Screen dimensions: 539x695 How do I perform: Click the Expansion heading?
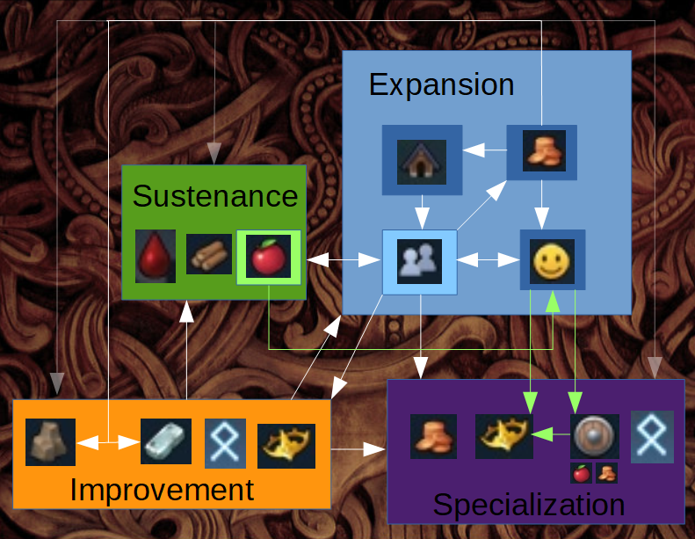441,84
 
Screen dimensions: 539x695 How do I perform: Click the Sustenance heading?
215,195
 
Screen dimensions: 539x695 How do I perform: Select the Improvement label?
162,490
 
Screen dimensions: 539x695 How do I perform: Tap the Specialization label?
529,506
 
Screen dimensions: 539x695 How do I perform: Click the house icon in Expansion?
422,160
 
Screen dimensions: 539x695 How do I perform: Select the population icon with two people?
420,261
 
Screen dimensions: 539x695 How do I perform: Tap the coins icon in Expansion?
541,151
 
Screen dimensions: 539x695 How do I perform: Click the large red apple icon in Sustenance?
269,259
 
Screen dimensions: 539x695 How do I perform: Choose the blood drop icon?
156,257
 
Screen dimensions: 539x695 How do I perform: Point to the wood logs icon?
208,256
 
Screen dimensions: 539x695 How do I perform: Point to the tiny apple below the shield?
580,473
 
